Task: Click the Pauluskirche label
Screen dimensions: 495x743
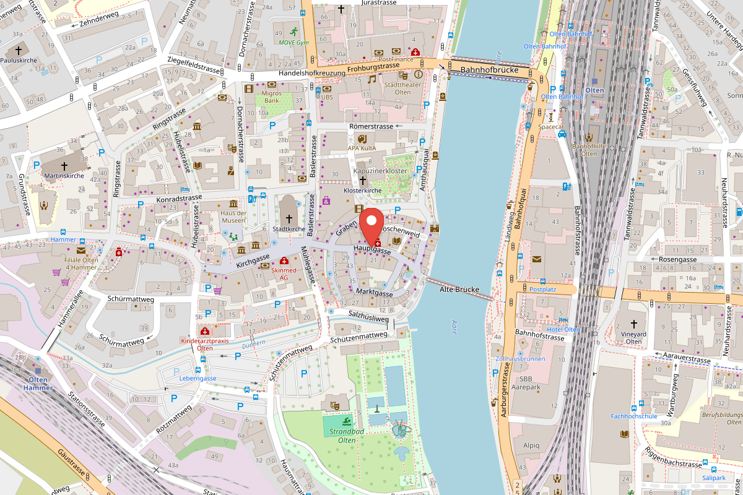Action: click(x=19, y=61)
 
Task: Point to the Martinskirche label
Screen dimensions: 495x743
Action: click(x=64, y=176)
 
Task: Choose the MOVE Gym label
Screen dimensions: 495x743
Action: click(x=293, y=43)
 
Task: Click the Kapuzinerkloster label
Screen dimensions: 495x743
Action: click(x=380, y=170)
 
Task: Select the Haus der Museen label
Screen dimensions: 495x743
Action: click(x=233, y=217)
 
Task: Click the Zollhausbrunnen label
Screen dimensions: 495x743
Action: click(x=520, y=359)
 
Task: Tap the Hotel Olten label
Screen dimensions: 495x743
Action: click(x=563, y=329)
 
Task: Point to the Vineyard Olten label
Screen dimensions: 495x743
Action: click(x=633, y=338)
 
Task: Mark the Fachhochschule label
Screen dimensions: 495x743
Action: click(x=633, y=416)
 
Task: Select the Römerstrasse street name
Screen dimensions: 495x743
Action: click(x=371, y=126)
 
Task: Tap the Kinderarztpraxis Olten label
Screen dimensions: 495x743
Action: click(x=205, y=345)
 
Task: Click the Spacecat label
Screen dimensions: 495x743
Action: click(x=550, y=127)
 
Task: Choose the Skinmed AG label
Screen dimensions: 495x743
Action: click(x=284, y=273)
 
